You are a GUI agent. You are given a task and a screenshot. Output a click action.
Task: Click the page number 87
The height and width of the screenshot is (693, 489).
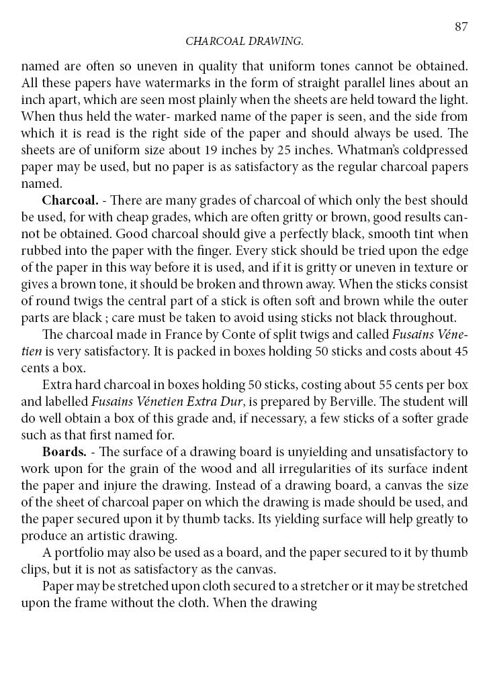461,27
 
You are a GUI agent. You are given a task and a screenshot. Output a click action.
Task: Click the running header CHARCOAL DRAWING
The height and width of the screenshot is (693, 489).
244,42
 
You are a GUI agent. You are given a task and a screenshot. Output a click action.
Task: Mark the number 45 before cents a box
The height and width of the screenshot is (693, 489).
461,351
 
